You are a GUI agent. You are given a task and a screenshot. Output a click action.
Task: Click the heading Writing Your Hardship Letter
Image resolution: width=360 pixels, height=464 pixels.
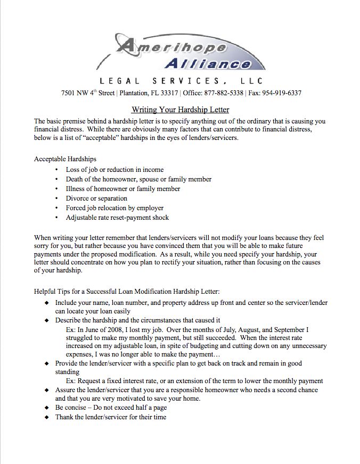pos(180,110)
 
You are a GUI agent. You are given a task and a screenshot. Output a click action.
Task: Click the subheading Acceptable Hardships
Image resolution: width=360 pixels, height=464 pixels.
pos(65,159)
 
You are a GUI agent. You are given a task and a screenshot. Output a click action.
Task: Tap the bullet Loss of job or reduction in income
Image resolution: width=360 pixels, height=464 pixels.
pos(114,169)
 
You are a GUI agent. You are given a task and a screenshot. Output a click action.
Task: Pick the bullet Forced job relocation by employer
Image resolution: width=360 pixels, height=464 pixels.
pos(114,208)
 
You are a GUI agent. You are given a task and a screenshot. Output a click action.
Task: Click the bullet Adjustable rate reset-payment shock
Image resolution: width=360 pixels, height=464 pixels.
pos(117,217)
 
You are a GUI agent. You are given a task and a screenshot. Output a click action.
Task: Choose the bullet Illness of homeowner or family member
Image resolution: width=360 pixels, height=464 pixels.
pos(122,188)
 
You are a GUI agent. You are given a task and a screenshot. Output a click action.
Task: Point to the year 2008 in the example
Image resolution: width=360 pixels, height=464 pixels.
pos(115,330)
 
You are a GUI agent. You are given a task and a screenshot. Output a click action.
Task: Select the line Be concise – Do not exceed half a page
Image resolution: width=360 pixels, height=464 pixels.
pos(111,407)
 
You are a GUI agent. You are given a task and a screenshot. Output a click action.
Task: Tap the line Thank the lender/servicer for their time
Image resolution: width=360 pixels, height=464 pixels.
pos(111,417)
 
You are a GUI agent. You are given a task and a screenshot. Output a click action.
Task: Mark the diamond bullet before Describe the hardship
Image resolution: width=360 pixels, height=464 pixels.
pos(47,320)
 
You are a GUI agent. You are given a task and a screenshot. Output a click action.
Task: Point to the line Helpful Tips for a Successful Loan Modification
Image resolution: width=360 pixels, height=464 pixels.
pos(126,292)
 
